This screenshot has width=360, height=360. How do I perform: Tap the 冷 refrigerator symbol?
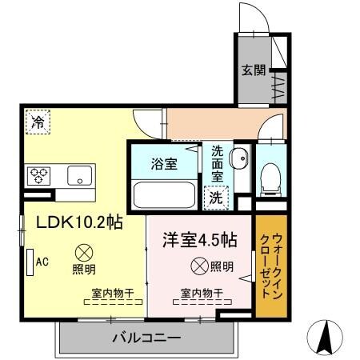[x=37, y=122]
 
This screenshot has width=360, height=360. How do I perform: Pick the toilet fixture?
[x=270, y=174]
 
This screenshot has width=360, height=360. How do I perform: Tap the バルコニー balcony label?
[x=146, y=338]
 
